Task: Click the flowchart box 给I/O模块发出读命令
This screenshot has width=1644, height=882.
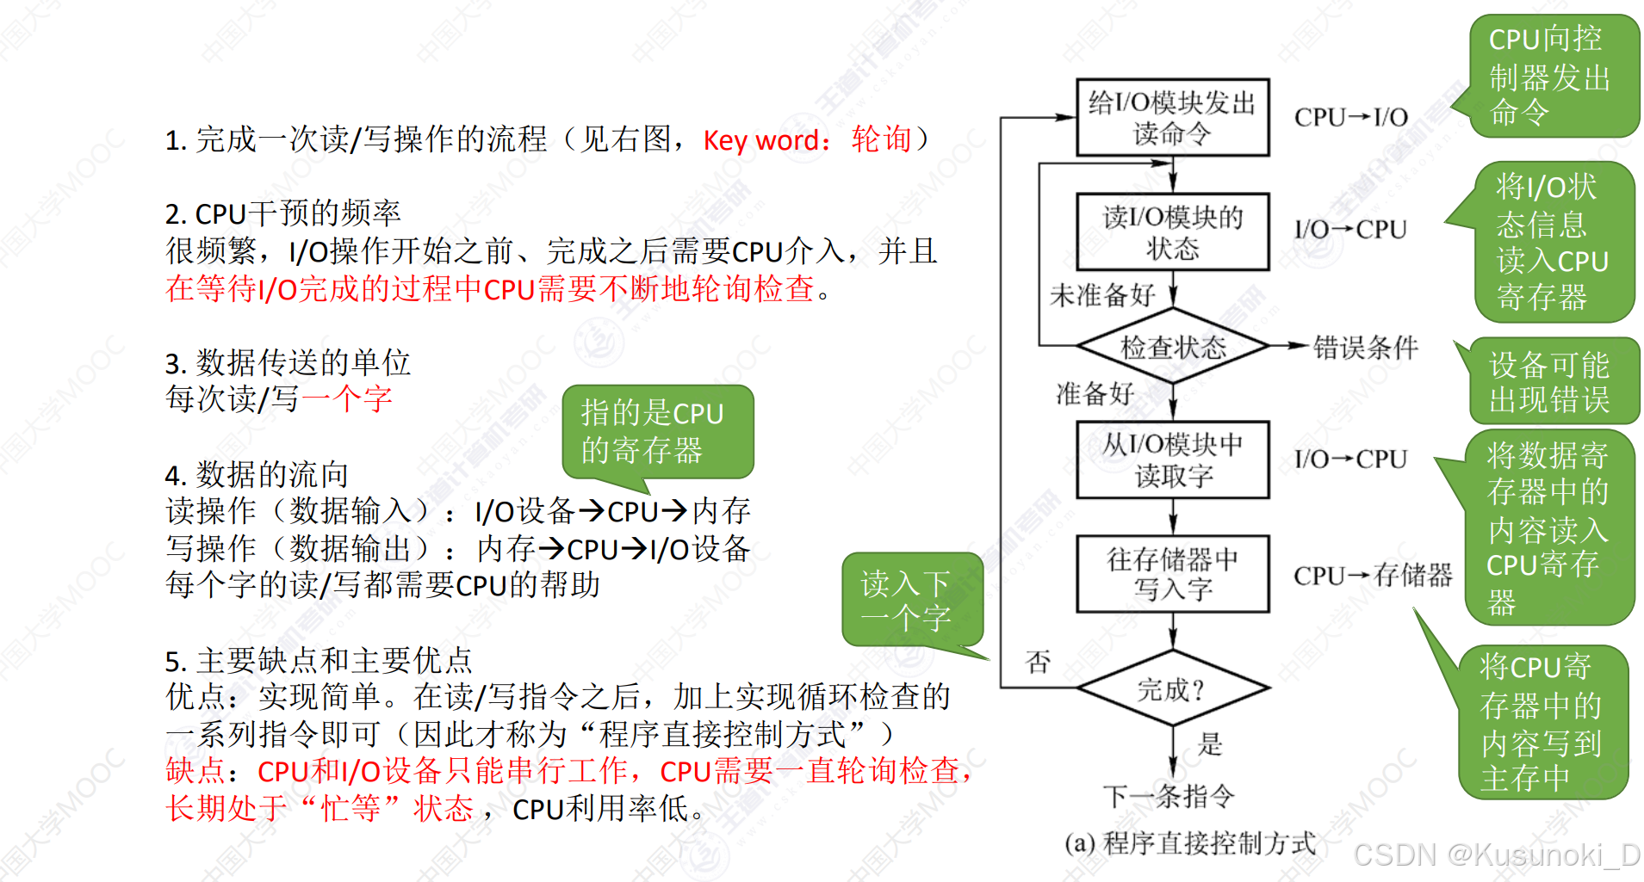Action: (x=1172, y=118)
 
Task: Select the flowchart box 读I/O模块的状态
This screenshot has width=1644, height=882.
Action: (x=1172, y=232)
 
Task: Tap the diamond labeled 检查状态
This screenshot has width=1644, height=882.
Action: (x=1172, y=347)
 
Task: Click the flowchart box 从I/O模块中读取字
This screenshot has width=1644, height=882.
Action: (x=1172, y=460)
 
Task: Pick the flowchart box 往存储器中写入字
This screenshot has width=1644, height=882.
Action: (x=1172, y=574)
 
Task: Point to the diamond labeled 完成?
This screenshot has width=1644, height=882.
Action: (x=1172, y=689)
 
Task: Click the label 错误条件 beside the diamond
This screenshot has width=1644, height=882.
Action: (x=1365, y=348)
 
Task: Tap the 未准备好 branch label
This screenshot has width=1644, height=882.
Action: (x=1101, y=295)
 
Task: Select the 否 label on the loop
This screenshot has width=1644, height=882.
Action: (x=1039, y=662)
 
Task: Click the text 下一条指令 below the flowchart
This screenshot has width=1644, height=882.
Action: (x=1169, y=796)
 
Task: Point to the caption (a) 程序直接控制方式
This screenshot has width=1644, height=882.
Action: (x=1190, y=843)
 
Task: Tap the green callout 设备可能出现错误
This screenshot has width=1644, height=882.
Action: (x=1550, y=382)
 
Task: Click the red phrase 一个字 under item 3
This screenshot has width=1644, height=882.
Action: (x=347, y=398)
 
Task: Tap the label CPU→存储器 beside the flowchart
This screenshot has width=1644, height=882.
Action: (x=1372, y=575)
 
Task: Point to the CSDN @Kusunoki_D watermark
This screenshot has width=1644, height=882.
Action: (x=1497, y=855)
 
